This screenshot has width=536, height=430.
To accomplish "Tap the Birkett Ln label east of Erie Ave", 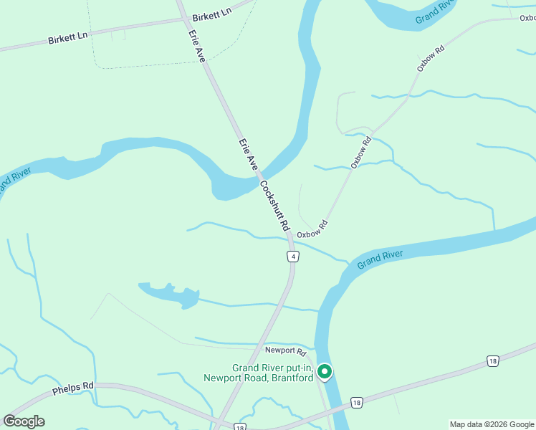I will click(213, 12).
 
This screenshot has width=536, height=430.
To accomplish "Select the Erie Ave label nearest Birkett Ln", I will click(197, 44).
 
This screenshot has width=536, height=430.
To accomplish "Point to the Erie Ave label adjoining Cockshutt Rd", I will click(248, 153).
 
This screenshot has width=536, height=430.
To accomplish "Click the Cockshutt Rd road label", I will click(274, 205).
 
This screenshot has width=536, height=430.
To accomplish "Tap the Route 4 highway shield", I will click(292, 257).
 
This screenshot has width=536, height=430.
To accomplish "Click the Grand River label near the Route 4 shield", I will click(381, 259).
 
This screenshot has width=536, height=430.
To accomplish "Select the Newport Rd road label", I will click(285, 351).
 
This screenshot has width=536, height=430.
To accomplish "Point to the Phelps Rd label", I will click(73, 390).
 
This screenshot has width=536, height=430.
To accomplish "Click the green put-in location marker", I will click(325, 371).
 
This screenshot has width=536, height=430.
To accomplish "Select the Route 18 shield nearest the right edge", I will click(492, 360).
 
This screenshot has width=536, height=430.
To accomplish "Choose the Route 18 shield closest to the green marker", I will click(357, 403).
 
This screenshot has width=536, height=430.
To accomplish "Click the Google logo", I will click(24, 421).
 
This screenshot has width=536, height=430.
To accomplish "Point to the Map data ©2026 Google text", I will click(492, 424).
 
